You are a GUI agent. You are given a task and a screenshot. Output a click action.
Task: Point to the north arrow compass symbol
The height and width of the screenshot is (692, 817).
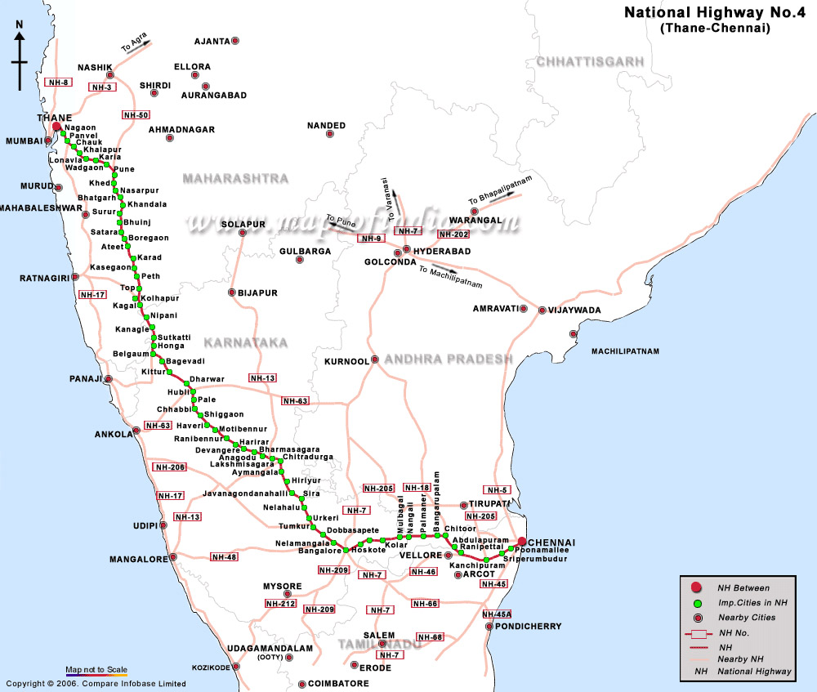click(x=20, y=56)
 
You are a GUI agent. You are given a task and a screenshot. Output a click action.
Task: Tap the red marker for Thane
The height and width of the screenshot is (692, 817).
click(x=56, y=127)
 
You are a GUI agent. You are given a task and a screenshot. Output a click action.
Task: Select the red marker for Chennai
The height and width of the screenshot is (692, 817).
click(x=521, y=542)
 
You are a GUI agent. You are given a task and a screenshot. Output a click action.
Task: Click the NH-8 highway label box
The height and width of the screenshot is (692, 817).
click(x=59, y=83)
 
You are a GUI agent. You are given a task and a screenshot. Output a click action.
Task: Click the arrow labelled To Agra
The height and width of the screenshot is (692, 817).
click(x=136, y=46)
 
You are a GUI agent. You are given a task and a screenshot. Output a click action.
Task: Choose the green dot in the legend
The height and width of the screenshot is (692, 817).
click(x=696, y=603)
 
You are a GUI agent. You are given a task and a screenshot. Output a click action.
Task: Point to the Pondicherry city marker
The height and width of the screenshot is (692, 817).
click(x=489, y=627)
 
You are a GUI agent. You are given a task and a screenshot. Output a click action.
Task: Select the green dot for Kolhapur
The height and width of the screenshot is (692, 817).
click(x=136, y=297)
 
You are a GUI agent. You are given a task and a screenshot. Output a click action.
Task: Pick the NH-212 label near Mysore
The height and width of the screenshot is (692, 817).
click(x=280, y=604)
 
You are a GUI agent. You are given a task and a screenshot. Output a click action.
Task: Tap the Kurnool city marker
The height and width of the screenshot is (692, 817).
click(x=374, y=359)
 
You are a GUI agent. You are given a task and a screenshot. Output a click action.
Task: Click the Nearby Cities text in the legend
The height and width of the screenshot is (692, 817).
click(x=746, y=618)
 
